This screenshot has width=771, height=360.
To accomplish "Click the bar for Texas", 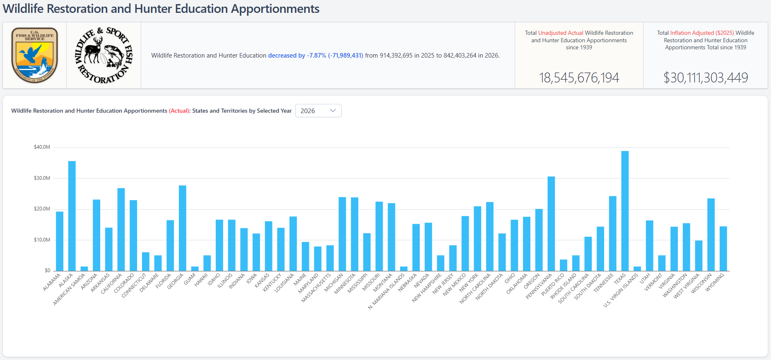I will tap(625, 211).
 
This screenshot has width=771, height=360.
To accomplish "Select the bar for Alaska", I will tap(72, 216).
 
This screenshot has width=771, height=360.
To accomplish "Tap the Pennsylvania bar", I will tap(551, 224).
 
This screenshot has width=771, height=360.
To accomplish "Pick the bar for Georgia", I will tap(183, 228).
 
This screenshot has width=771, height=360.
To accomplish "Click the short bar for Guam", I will tap(195, 269).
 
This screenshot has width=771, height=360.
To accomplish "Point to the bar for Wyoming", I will tap(723, 249).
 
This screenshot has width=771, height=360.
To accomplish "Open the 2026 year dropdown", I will tap(318, 111).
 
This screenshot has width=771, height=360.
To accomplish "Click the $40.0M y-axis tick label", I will tap(42, 147).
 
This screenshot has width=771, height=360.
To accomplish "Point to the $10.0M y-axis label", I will tap(42, 240).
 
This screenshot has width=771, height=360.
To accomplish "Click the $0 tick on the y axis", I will tap(47, 271).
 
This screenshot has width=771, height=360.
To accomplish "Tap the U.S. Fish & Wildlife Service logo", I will tap(35, 55).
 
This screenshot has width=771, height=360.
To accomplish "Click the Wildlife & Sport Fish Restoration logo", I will tap(104, 55).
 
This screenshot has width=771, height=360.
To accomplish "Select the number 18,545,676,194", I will tap(579, 77).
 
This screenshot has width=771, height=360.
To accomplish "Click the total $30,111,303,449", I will tap(706, 77).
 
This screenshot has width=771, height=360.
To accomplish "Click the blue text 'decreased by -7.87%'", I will tap(297, 56).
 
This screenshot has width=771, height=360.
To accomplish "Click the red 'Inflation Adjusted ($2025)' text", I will tap(702, 33).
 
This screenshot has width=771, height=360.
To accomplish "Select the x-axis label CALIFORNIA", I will tap(112, 284).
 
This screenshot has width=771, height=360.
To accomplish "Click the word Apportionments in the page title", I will tap(275, 9).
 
